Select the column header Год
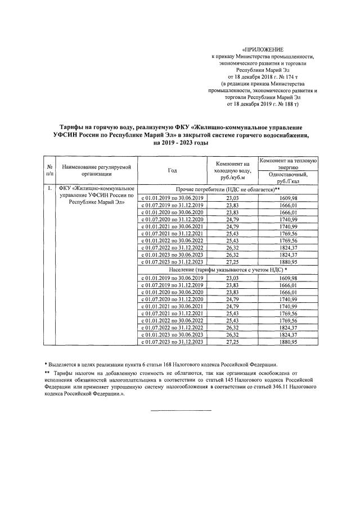pos(172,170)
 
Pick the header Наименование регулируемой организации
pos(96,170)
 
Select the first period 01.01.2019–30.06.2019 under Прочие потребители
pos(172,197)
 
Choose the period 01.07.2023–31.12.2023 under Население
pos(172,341)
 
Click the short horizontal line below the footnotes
pos(180,410)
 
